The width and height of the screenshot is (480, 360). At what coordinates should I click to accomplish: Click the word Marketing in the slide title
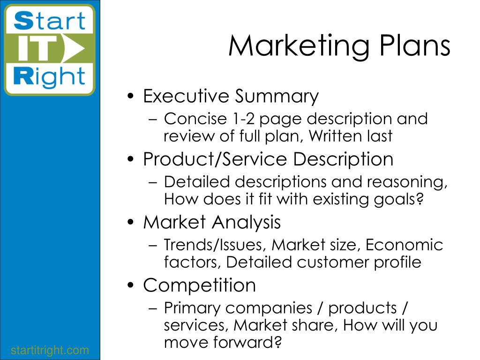click(299, 47)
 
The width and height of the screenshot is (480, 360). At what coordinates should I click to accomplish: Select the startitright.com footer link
click(50, 350)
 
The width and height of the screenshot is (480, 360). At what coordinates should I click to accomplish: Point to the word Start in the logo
click(50, 21)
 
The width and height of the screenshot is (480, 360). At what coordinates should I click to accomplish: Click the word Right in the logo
click(49, 76)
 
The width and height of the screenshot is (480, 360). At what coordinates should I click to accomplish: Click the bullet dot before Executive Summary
click(131, 96)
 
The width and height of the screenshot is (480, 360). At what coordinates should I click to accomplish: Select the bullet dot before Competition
click(131, 285)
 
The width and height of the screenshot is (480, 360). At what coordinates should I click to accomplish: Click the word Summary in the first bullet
click(277, 97)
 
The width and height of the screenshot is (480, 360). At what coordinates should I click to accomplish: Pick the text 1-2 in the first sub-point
click(243, 119)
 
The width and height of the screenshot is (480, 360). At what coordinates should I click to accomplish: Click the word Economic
click(404, 245)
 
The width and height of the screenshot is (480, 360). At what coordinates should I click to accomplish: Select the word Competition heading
click(199, 285)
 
